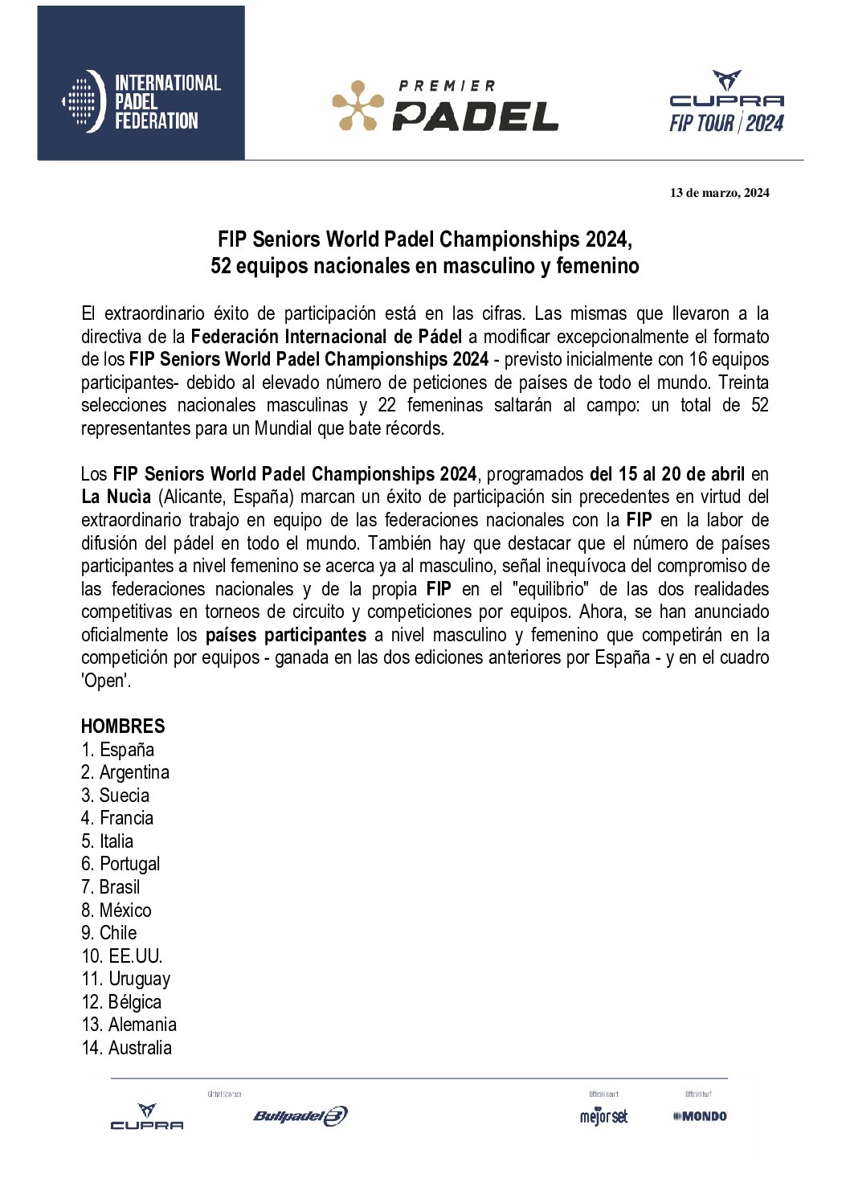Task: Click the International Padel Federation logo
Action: tap(141, 101)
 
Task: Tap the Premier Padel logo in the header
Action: tap(445, 105)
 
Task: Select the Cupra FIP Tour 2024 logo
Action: tap(726, 102)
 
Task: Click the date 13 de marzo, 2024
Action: tap(719, 193)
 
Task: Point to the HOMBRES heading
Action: tap(123, 726)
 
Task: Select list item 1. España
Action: tap(117, 750)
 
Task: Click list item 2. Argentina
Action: tap(125, 772)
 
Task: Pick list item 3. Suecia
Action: tap(115, 796)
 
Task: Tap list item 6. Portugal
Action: tap(121, 864)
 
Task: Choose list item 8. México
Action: tap(116, 910)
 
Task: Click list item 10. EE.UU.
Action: tap(122, 956)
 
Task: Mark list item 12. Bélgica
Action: tap(121, 1002)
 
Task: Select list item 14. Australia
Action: tap(126, 1048)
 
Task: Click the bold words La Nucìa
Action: tap(116, 497)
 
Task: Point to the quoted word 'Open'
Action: tap(105, 681)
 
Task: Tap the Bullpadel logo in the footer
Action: tap(300, 1115)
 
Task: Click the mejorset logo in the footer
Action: tap(603, 1116)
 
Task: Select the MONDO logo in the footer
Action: tap(701, 1116)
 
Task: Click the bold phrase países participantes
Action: tap(286, 635)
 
